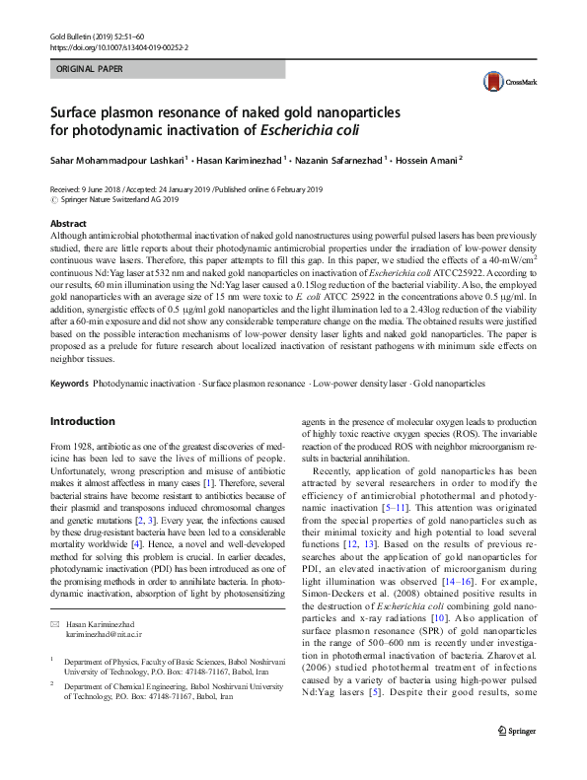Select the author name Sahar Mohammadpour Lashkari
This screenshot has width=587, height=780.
(114, 158)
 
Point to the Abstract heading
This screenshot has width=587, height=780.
(68, 225)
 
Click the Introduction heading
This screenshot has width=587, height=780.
(82, 421)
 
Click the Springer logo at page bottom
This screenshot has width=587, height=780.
(515, 757)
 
